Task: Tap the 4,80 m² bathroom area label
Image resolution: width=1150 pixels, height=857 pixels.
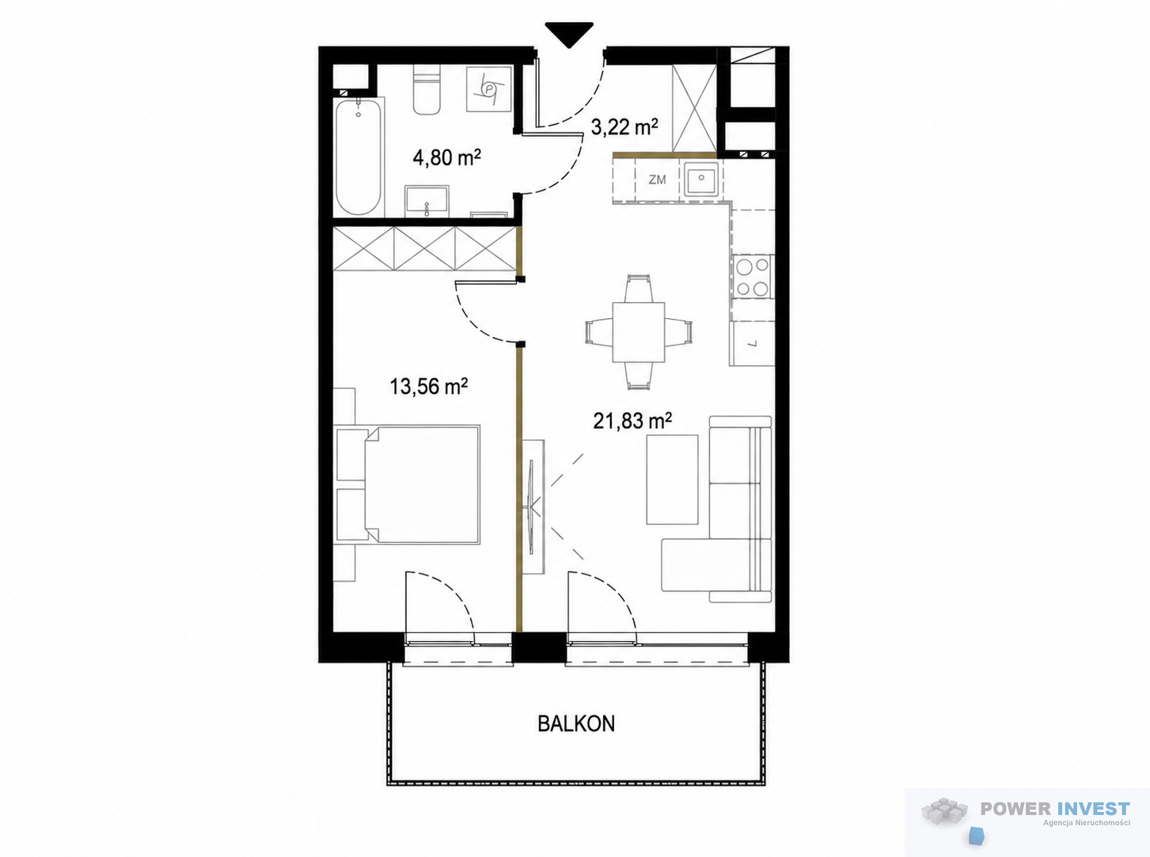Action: point(447,157)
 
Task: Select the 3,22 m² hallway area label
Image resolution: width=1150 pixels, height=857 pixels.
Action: point(624,127)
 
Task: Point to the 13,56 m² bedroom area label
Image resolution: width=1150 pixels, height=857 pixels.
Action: point(428,387)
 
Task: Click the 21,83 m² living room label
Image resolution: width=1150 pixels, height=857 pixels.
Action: point(632,421)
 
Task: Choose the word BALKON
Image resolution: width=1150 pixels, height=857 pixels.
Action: point(576,724)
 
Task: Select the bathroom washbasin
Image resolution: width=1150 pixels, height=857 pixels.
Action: point(427,201)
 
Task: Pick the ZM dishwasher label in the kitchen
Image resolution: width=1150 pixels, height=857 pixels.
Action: point(657,180)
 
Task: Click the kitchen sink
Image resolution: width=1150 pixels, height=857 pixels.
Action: point(700,178)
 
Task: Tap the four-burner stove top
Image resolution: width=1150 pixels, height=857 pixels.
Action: point(753,276)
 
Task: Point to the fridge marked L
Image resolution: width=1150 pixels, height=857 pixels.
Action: point(753,343)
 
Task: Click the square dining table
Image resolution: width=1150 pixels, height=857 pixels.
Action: point(639,332)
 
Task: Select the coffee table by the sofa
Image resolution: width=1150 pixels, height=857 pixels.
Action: point(672,480)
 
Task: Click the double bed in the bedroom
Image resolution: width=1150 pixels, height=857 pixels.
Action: point(408,484)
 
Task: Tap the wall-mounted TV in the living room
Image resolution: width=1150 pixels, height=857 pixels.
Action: point(533,506)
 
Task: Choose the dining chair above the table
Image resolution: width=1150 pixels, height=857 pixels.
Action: point(639,288)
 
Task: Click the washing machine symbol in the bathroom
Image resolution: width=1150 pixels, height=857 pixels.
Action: point(489,88)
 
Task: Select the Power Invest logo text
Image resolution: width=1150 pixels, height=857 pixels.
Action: point(1055,808)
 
